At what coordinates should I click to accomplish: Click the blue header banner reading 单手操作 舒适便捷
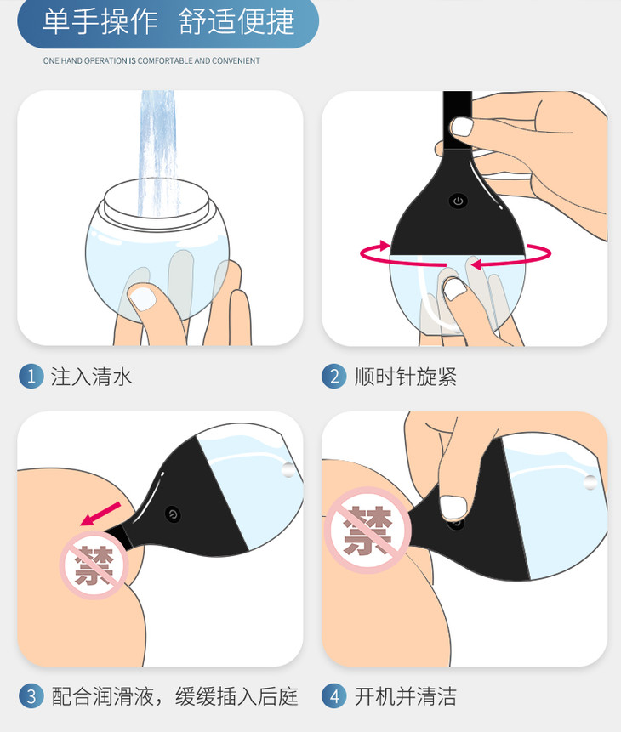pos(168,22)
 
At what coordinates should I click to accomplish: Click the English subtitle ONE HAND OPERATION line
pos(151,60)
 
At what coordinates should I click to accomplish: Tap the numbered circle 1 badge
pos(31,377)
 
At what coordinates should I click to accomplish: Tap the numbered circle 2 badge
pos(334,377)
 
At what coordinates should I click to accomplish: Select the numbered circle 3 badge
pos(31,696)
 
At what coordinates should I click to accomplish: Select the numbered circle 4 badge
pos(334,696)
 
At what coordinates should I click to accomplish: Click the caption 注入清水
pos(92,377)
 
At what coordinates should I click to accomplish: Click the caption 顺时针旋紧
pos(406,377)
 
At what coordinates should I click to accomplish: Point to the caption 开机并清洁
pos(406,696)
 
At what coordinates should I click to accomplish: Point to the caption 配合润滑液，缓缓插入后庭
pos(174,696)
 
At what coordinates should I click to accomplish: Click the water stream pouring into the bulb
pos(158,153)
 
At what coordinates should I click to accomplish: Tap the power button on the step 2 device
pos(458,201)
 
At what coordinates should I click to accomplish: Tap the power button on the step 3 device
pos(173,514)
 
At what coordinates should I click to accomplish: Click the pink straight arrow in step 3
pos(100,514)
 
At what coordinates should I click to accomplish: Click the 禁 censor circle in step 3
pos(94,565)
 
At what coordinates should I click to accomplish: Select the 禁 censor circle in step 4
pos(368,531)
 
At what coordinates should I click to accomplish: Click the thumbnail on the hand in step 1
pos(142,298)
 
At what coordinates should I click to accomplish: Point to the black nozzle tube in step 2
pos(458,120)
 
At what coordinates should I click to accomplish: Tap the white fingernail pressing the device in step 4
pos(453,508)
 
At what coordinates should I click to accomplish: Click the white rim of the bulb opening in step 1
pos(157,201)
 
